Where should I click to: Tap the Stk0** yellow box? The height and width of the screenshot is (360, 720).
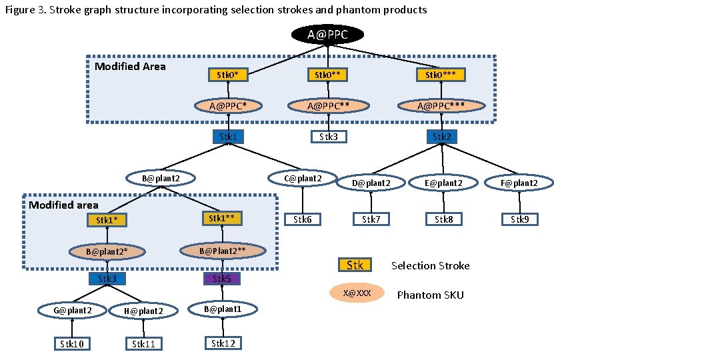[x=329, y=75]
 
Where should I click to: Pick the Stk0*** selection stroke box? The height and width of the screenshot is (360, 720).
[x=440, y=75]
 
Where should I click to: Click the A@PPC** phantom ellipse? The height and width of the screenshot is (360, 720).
[x=329, y=105]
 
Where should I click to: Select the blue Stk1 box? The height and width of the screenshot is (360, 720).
[x=228, y=137]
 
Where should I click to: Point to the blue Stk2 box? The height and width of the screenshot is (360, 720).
[x=441, y=137]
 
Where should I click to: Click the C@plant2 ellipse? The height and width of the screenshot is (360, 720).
[x=303, y=178]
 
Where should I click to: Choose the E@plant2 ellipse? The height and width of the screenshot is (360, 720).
[x=444, y=182]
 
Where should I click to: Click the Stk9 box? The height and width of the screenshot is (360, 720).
[x=520, y=219]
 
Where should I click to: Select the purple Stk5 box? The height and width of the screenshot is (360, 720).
[x=222, y=278]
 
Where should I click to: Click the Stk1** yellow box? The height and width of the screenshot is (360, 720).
[x=222, y=218]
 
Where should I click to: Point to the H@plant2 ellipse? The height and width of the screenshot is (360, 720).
[x=143, y=311]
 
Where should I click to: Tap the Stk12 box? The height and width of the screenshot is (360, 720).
[x=223, y=343]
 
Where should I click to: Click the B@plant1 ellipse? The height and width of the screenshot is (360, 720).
[x=222, y=309]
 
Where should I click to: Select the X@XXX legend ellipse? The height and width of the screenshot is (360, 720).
[x=357, y=293]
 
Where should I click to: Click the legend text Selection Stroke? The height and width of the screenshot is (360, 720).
[x=430, y=266]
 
